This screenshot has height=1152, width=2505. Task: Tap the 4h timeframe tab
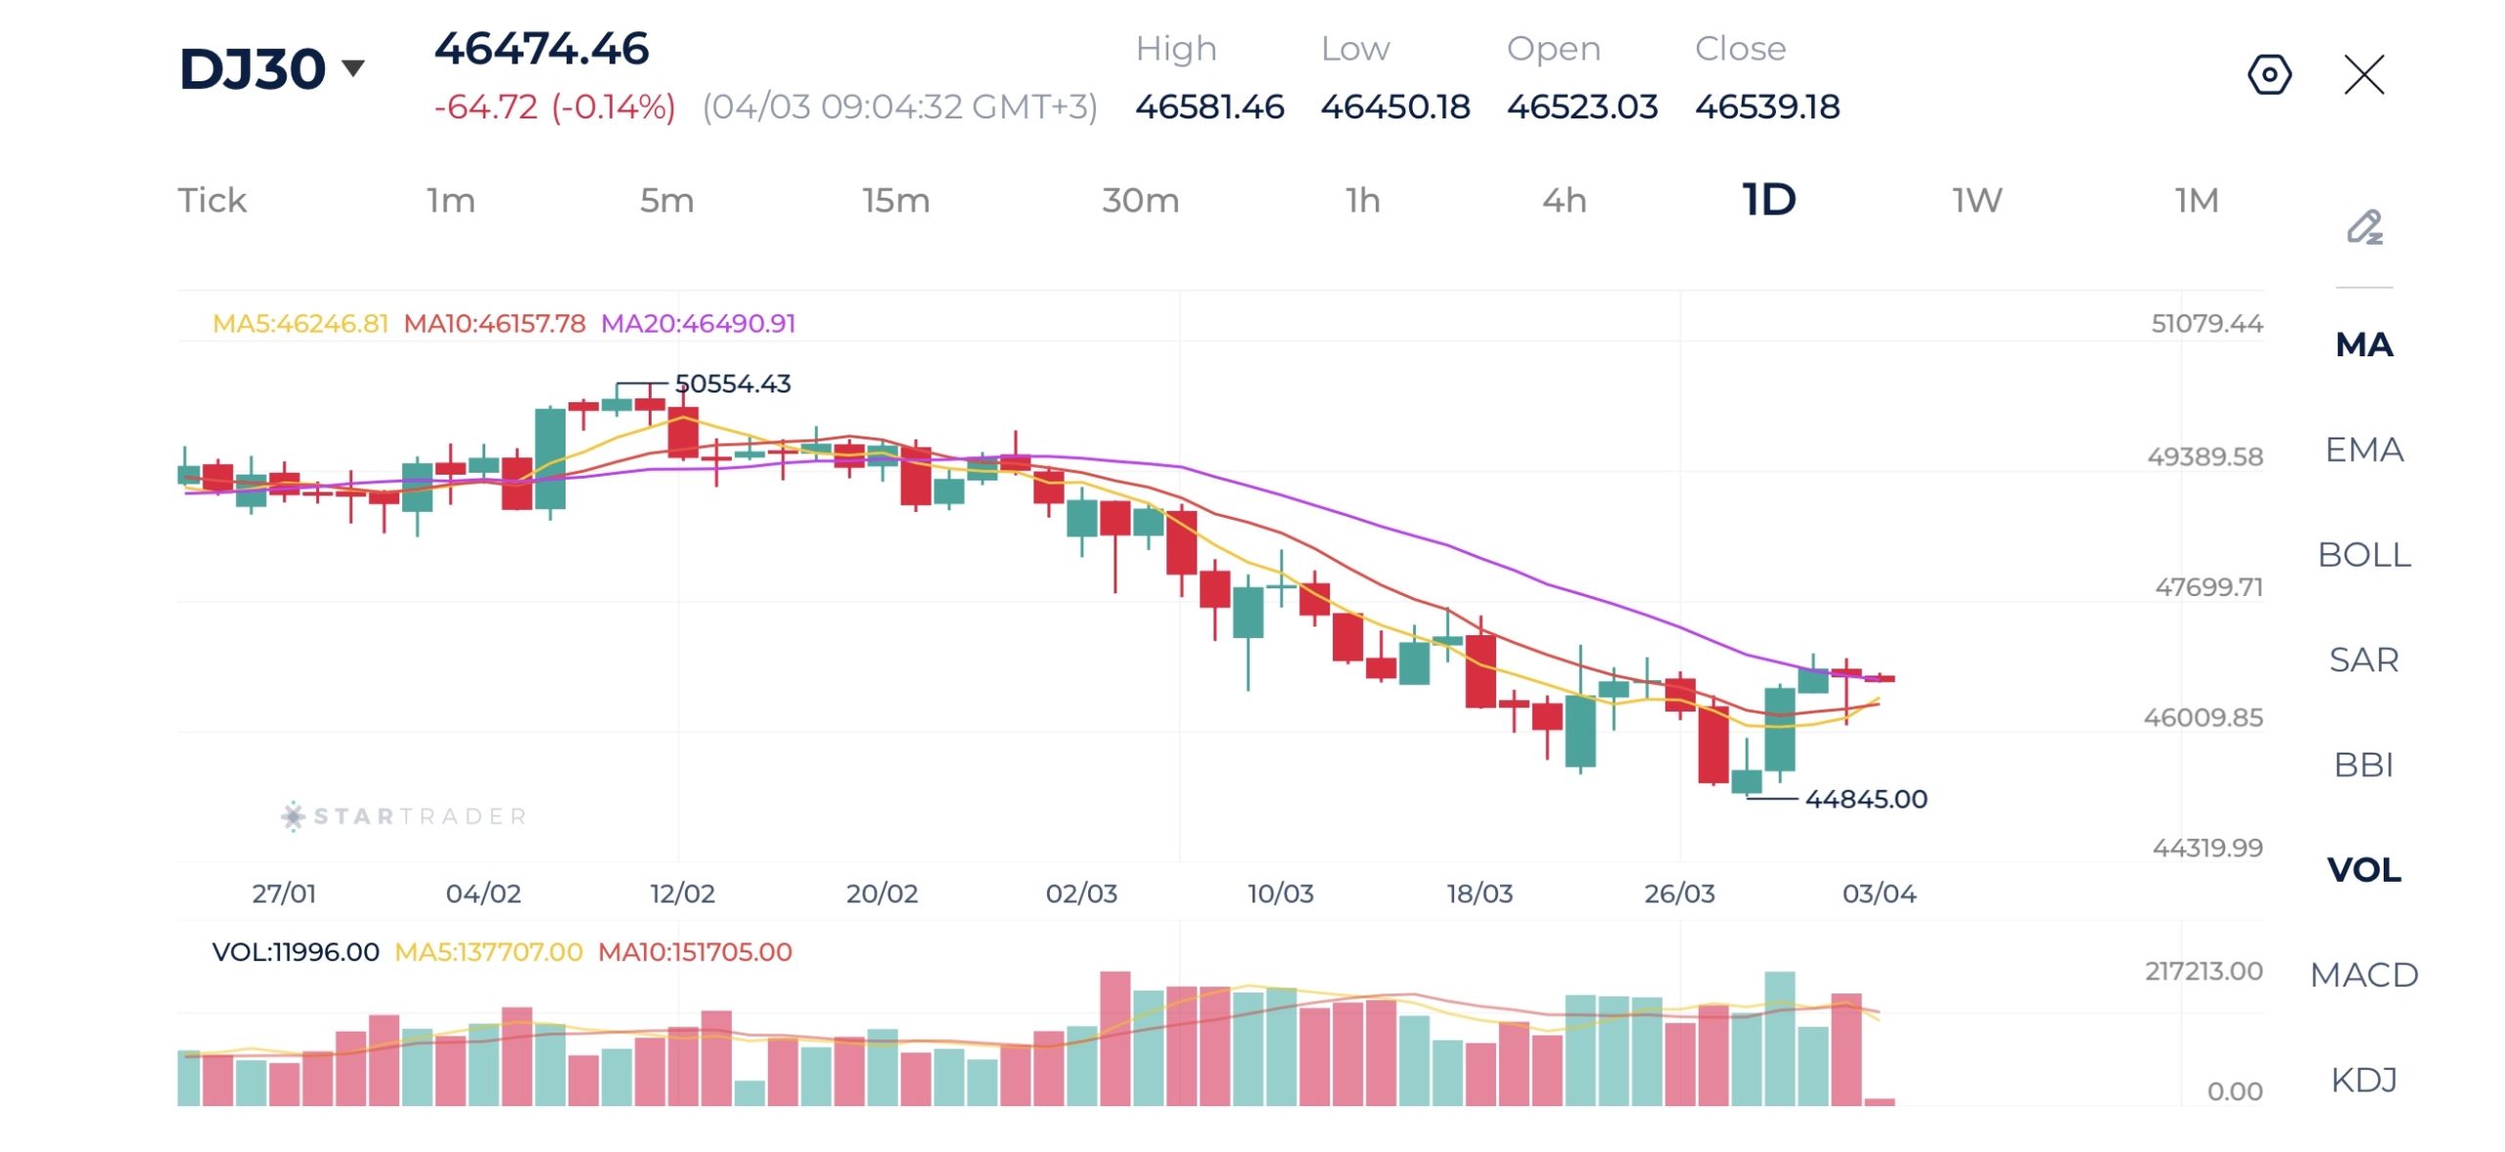pos(1564,201)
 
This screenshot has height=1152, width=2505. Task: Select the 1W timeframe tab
pos(1977,201)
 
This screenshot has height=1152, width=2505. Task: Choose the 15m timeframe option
pos(895,201)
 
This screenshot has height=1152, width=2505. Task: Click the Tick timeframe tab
pos(211,201)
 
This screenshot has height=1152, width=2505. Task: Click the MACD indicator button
pos(2363,975)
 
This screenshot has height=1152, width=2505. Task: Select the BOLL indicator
pos(2363,555)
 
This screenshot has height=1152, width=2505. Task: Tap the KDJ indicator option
pos(2363,1080)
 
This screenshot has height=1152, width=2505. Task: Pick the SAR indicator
pos(2363,660)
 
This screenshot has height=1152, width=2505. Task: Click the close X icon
pos(2364,74)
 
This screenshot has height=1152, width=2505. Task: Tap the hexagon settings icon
pos(2269,74)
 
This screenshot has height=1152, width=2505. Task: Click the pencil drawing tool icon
pos(2364,227)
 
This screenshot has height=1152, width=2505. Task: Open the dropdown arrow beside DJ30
pos(353,68)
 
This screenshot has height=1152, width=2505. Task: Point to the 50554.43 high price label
pos(732,384)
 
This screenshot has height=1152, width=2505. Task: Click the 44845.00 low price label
pos(1865,799)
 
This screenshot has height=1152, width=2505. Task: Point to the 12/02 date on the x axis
pos(682,894)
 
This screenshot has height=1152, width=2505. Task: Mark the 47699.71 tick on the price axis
pos(2209,587)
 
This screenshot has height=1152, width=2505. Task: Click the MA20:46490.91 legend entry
pos(698,324)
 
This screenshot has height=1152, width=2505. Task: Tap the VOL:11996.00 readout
pos(296,952)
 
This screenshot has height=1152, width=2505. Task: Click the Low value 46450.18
pos(1394,107)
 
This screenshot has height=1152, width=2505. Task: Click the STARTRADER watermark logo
pos(403,816)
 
